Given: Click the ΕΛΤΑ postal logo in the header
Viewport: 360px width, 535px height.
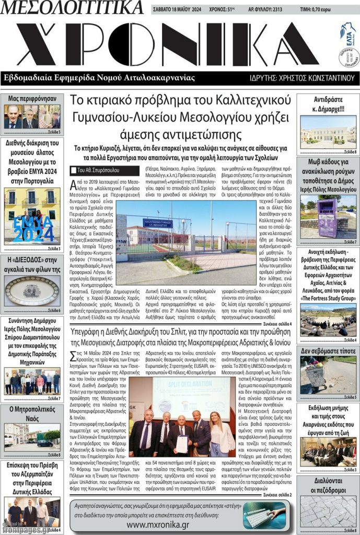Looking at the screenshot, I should (x=347, y=30).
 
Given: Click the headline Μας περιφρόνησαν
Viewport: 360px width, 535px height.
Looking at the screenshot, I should (x=32, y=98).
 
